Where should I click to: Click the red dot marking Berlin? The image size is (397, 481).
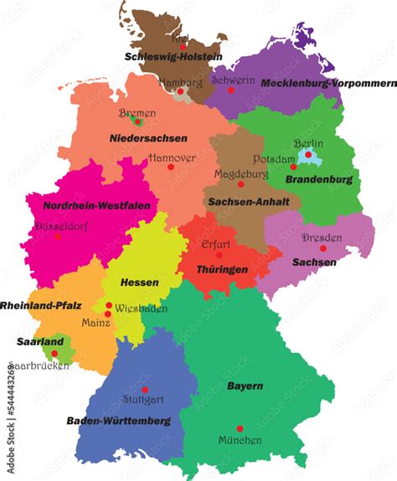[x=309, y=155]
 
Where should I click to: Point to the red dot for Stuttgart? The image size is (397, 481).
[x=145, y=390]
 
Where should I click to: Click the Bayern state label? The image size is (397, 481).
[x=245, y=385]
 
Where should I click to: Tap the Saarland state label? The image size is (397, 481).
[x=39, y=342]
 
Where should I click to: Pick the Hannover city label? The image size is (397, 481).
[x=172, y=157]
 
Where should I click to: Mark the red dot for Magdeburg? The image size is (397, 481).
[x=240, y=184]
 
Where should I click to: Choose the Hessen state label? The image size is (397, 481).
[x=139, y=282]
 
